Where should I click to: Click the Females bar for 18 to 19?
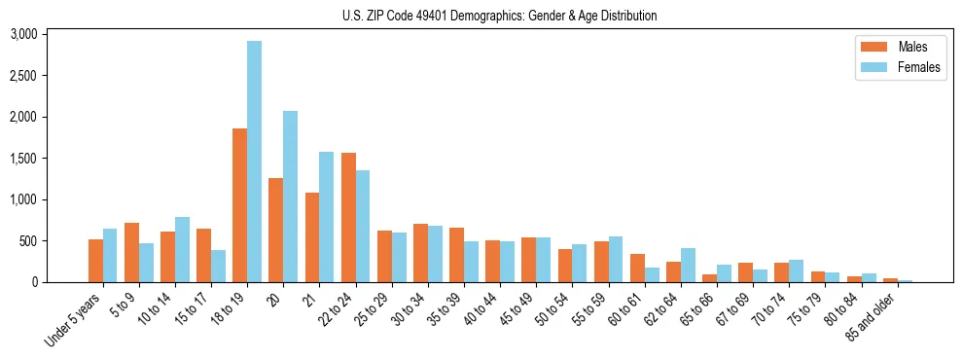[x=254, y=162]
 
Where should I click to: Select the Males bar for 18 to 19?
[x=239, y=205]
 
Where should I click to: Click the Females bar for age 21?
[x=326, y=217]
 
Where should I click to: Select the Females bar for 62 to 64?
[x=688, y=266]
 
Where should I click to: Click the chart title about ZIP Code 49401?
[x=499, y=16]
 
